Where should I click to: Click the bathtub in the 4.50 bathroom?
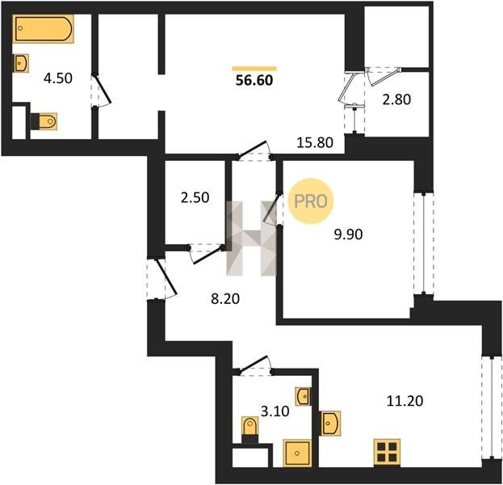44,28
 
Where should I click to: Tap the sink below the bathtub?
21,63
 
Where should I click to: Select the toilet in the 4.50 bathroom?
44,121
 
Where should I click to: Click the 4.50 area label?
58,78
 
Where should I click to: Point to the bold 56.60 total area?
254,80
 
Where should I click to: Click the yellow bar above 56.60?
254,69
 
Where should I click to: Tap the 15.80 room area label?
315,142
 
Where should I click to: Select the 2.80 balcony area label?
396,99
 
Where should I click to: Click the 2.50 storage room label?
195,197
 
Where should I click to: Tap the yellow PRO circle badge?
311,201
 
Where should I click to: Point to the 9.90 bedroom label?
348,234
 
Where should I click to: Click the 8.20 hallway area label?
225,299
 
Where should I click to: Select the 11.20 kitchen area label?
404,401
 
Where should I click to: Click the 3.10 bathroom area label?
275,411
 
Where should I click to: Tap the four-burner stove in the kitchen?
387,452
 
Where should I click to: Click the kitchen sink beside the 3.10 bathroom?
329,424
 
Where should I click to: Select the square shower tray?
297,453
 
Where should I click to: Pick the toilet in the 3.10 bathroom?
250,430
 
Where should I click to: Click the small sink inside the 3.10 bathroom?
303,396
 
